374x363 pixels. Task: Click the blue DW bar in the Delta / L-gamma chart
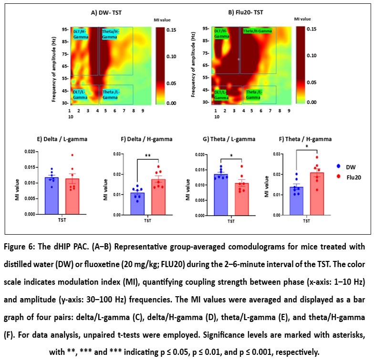pos(45,196)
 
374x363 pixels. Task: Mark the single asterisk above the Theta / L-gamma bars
pos(231,156)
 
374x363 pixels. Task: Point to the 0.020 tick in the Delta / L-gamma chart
pos(28,152)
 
